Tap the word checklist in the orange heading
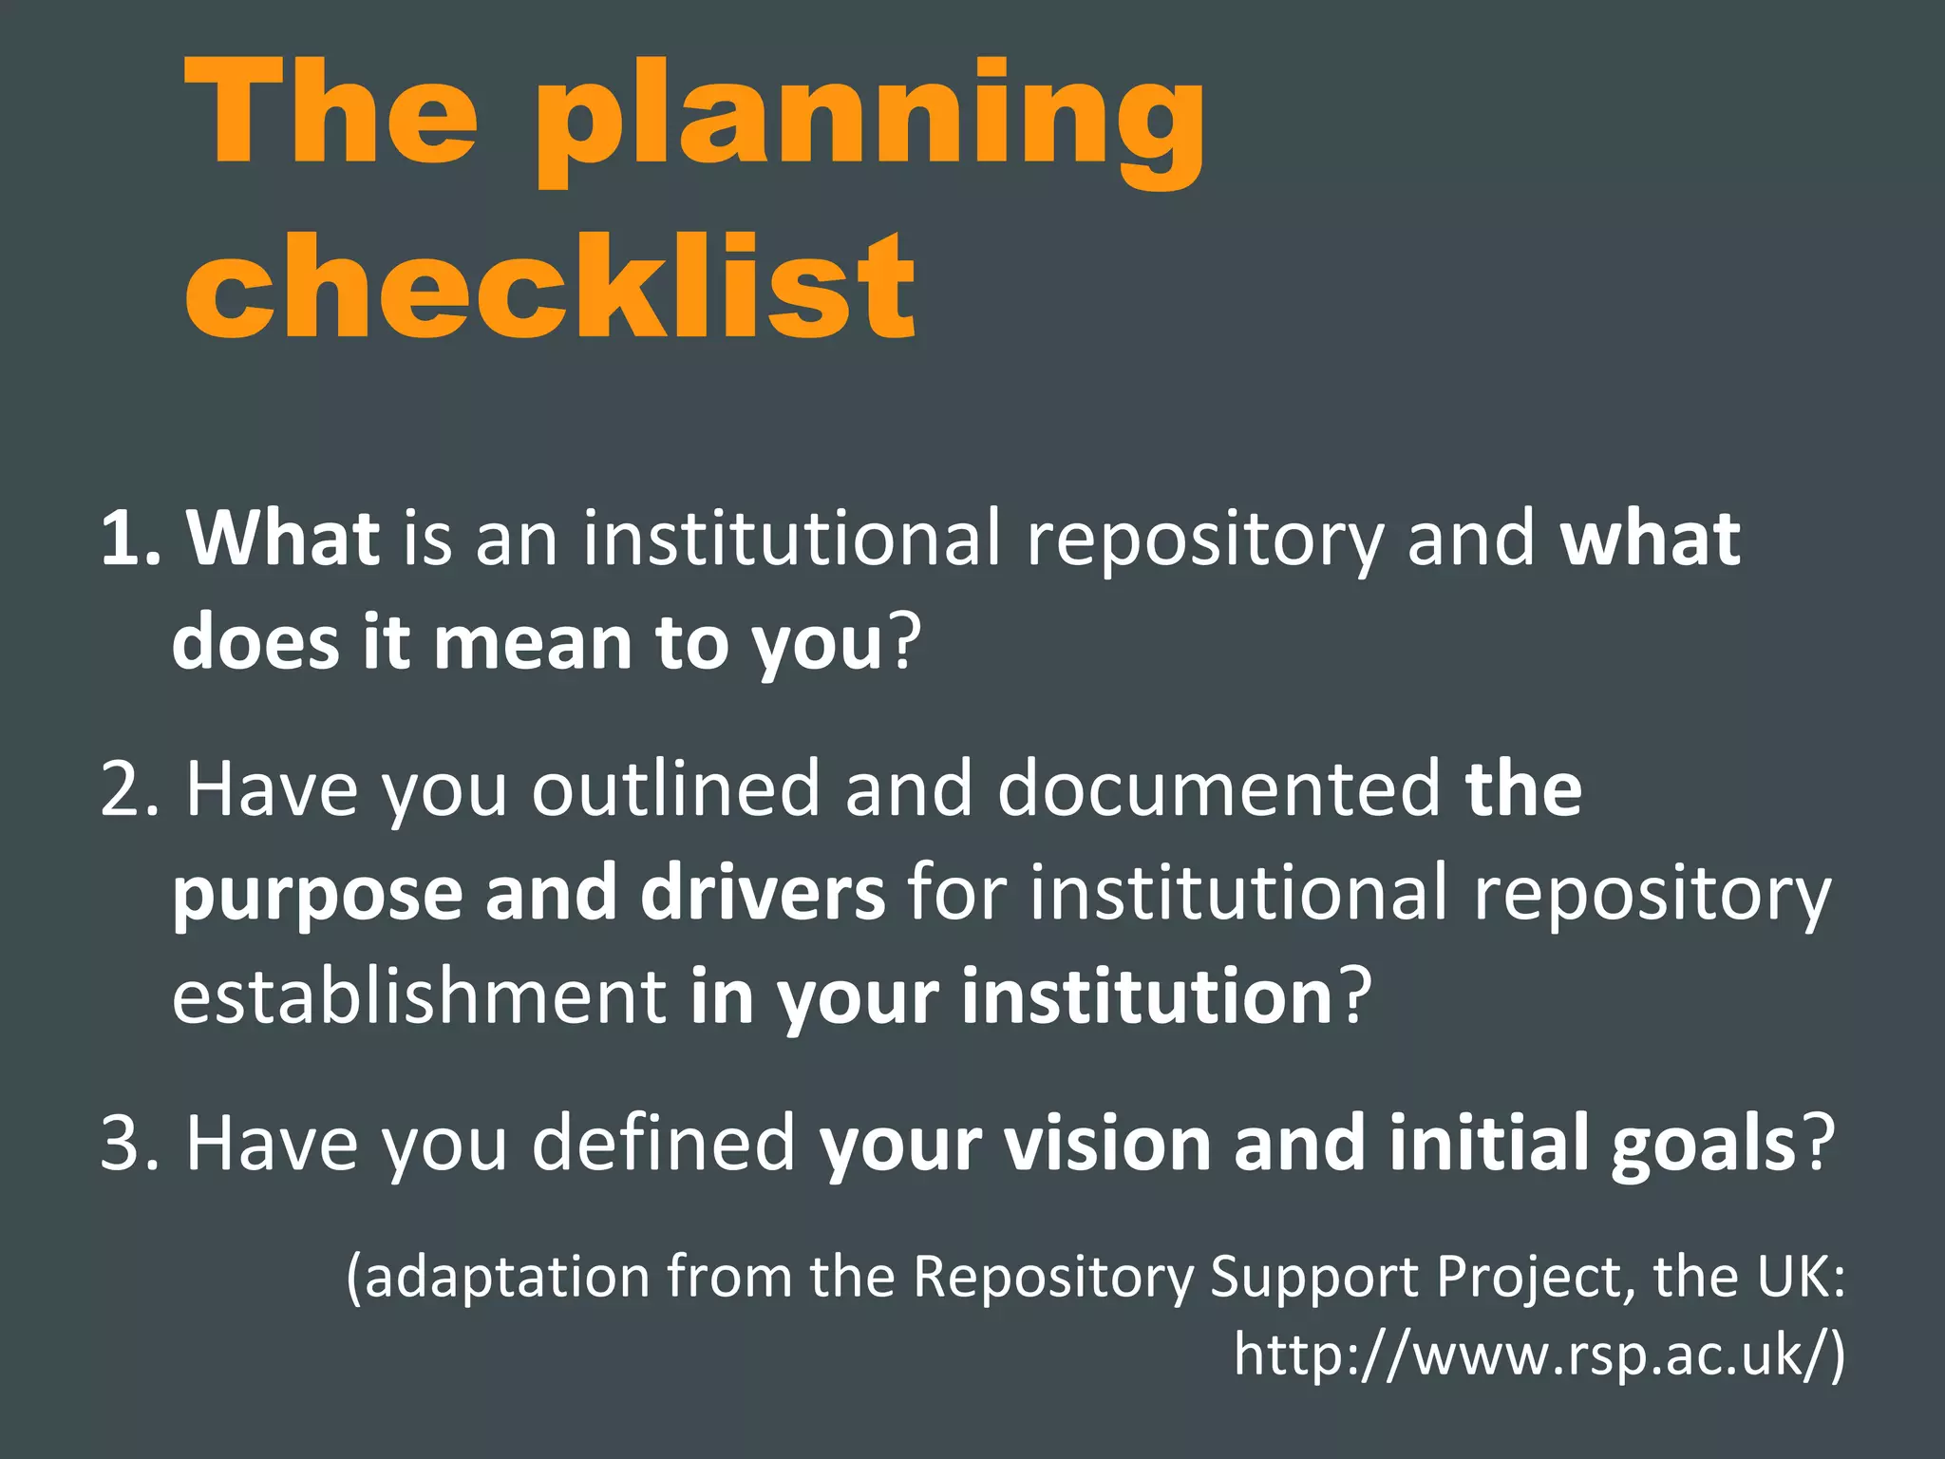click(551, 285)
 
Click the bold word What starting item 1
click(283, 539)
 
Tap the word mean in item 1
click(533, 643)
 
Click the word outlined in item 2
click(675, 788)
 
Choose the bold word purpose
click(316, 895)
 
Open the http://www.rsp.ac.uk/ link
click(1539, 1355)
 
